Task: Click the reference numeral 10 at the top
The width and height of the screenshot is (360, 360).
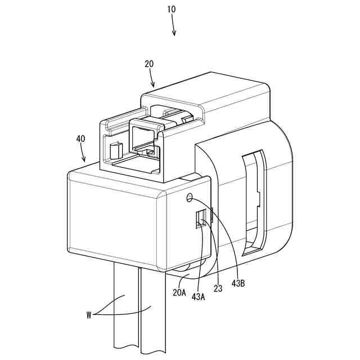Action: point(171,10)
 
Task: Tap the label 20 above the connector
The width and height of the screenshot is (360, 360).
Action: point(149,64)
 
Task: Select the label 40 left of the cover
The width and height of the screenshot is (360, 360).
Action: point(80,138)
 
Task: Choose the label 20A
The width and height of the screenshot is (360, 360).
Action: point(179,292)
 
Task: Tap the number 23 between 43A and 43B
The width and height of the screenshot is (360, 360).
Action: point(218,288)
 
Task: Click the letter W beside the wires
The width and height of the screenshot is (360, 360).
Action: point(88,315)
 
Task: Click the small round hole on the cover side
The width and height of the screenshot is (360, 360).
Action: point(190,197)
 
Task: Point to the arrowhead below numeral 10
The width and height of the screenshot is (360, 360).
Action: point(174,33)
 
